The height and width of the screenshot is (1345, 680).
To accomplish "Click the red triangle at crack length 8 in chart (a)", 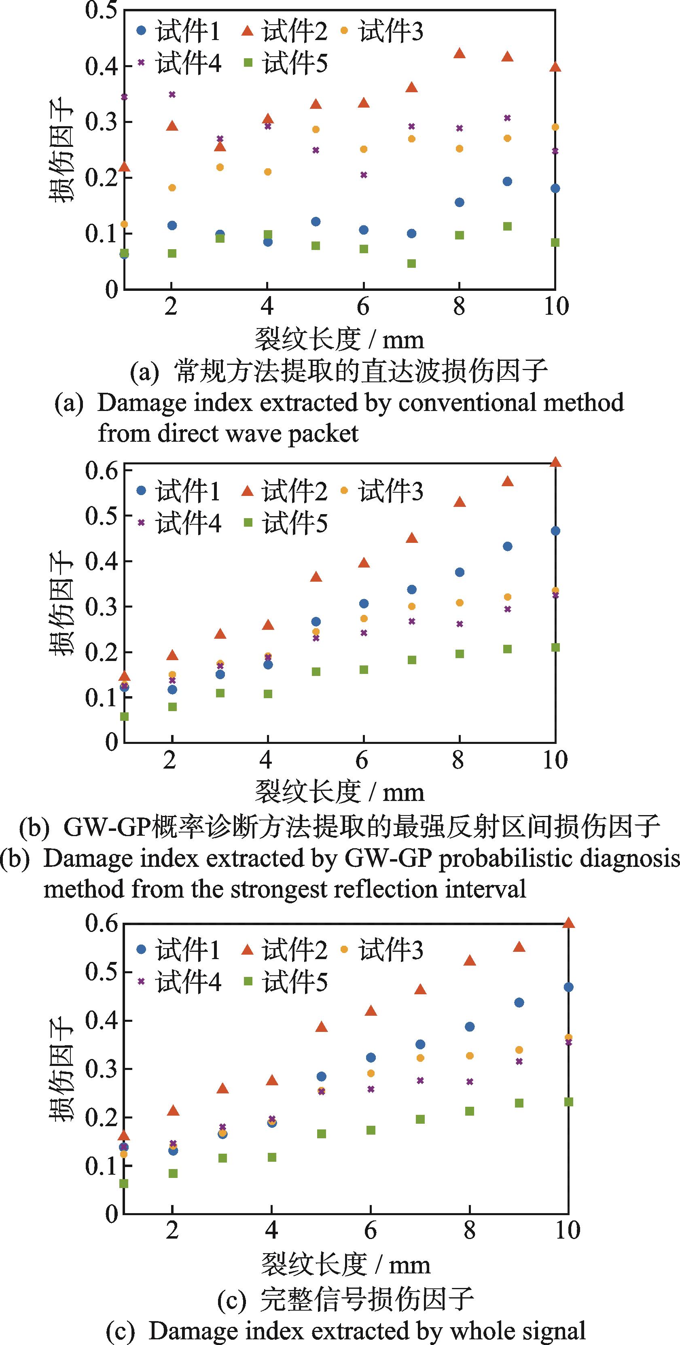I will click(459, 53).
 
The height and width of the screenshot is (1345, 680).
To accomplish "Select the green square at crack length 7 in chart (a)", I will click(411, 263).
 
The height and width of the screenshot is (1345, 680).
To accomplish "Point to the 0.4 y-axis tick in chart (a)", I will click(102, 66).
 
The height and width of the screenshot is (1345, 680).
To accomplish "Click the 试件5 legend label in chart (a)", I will click(294, 63).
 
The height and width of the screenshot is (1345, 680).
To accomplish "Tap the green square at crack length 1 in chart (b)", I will click(124, 716).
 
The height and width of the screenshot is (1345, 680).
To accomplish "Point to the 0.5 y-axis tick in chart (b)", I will click(102, 515).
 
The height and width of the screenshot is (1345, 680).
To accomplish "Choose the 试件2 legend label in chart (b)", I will click(294, 491).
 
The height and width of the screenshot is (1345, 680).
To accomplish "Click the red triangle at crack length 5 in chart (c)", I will click(322, 1027).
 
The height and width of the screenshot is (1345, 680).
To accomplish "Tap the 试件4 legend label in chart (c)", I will click(188, 983).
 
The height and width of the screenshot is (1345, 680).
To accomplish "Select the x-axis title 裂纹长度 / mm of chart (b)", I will click(339, 792).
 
